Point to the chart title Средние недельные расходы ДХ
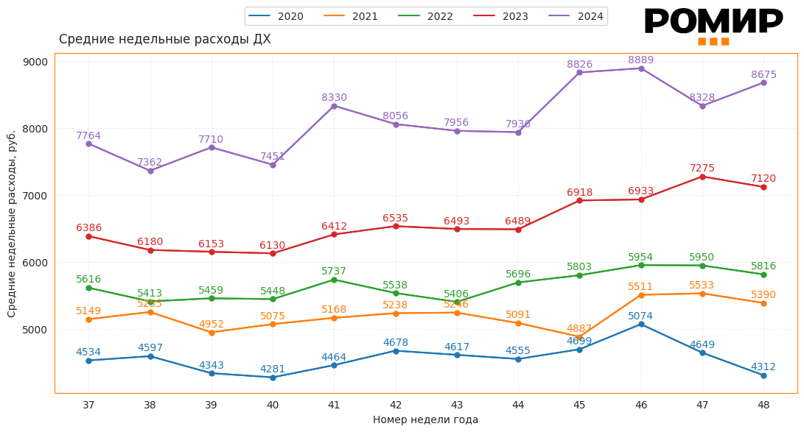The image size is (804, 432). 164,40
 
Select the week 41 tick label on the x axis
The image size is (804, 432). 334,405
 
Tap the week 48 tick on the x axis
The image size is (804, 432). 763,405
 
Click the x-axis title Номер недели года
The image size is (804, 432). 425,420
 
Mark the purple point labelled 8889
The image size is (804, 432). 641,68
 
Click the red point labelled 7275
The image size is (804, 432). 702,177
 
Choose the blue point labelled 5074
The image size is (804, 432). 641,325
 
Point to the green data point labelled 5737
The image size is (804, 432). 334,280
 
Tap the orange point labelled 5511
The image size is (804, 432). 641,295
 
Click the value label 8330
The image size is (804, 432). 334,98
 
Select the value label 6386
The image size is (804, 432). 88,228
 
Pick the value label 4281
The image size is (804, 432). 273,369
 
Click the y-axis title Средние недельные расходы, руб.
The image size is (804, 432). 12,224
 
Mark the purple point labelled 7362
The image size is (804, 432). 150,171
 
